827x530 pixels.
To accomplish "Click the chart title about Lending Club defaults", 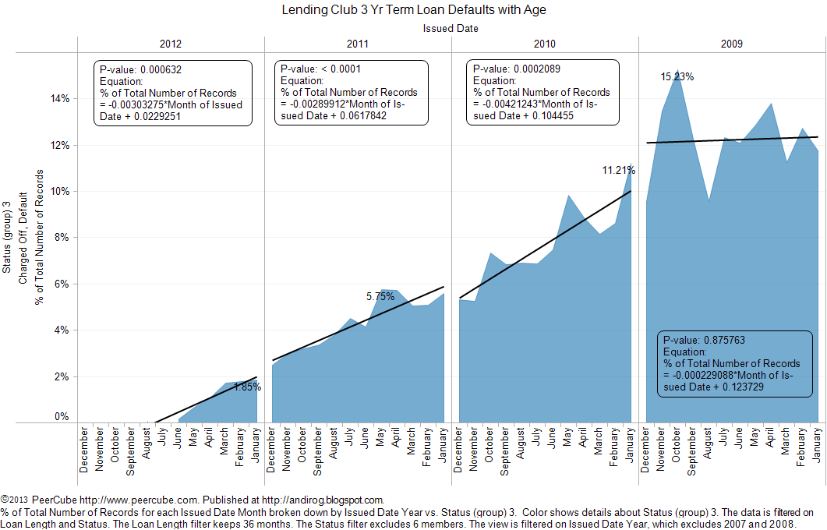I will (x=413, y=10).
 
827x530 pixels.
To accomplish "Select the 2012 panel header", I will (x=171, y=44).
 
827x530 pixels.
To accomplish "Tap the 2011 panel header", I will (x=358, y=44).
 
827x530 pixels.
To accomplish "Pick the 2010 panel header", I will (x=545, y=44).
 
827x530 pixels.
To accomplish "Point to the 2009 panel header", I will (x=732, y=44).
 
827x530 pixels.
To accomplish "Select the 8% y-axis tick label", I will (x=62, y=238).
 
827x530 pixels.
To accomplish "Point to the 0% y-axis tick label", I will (x=62, y=417).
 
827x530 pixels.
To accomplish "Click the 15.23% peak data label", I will (x=677, y=77).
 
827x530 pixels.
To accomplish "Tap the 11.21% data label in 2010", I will (x=619, y=170).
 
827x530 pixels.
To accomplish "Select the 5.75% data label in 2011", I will (x=380, y=296).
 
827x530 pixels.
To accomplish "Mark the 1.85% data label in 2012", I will (x=247, y=387).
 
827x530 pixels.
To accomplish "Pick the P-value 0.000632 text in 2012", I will (x=140, y=69).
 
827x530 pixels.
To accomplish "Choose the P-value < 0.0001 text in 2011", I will (x=320, y=69).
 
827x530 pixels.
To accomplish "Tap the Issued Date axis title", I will (x=451, y=28).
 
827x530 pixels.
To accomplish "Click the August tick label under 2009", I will (x=709, y=450).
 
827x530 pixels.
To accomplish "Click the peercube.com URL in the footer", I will (x=113, y=500).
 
